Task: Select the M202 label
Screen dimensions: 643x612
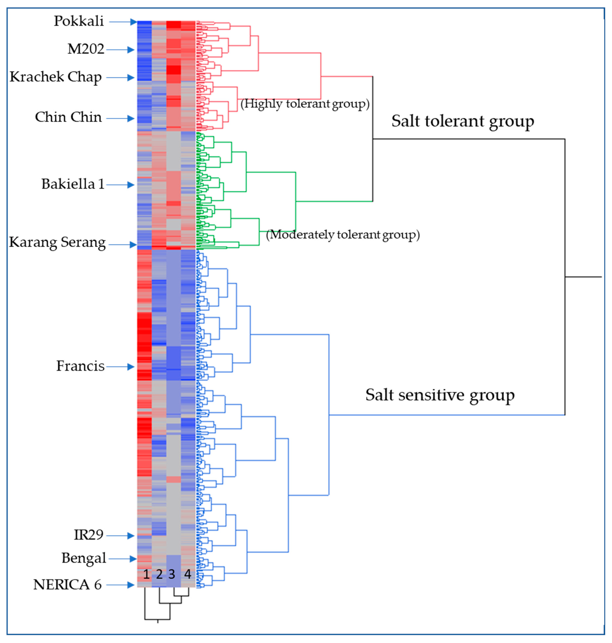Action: tap(86, 49)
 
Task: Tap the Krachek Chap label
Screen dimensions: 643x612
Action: tap(56, 77)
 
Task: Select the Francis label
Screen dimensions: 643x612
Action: tap(80, 366)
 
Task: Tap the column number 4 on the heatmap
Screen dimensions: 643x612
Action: tap(188, 574)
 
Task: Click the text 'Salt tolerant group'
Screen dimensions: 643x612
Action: tap(463, 121)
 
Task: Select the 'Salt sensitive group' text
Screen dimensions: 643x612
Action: tap(440, 395)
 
